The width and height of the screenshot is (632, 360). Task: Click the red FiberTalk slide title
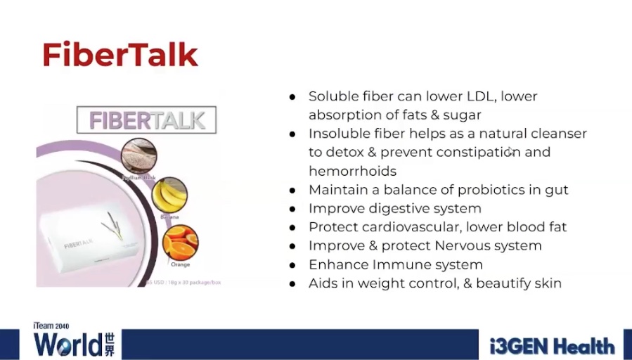[120, 55]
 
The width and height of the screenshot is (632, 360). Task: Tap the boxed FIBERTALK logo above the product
[146, 120]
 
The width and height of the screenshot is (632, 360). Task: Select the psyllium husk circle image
[138, 156]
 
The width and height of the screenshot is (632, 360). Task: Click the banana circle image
[169, 196]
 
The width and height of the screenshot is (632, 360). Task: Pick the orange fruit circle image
[180, 243]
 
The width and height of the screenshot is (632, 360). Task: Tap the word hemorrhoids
[352, 171]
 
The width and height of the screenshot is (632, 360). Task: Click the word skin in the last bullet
[548, 283]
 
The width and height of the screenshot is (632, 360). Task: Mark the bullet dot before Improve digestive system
[292, 209]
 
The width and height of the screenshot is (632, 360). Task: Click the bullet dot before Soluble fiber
[292, 96]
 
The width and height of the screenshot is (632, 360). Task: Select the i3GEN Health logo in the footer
[553, 345]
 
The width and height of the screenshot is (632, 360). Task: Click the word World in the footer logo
[67, 345]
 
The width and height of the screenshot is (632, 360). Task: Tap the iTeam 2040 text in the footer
[51, 326]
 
